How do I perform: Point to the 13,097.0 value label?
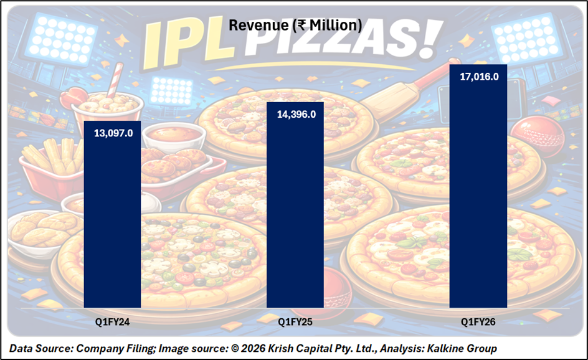113,133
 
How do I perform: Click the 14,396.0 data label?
296,114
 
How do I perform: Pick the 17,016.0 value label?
478,77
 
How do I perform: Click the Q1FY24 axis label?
113,322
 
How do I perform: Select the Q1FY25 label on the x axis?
295,322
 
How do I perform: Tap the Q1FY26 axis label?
478,322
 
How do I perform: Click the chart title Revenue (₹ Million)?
295,25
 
